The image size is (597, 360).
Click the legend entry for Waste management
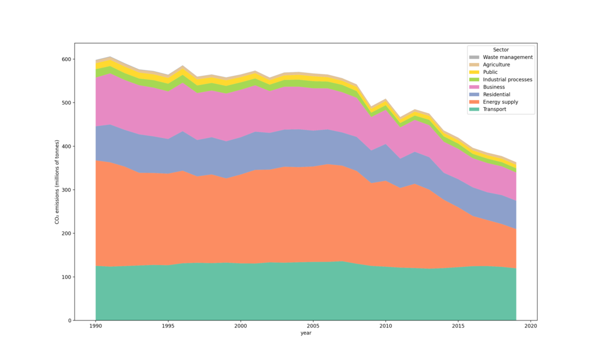(x=508, y=57)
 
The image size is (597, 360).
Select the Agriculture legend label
(x=496, y=65)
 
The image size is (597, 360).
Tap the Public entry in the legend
(x=490, y=72)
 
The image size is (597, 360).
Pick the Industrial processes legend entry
(x=508, y=80)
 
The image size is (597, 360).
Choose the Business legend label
(x=494, y=87)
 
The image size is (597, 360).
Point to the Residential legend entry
(x=497, y=94)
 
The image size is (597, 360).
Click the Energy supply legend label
(x=500, y=102)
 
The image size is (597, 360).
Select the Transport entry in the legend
(x=494, y=109)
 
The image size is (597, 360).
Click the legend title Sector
(x=501, y=50)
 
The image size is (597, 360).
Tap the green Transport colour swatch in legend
(x=474, y=109)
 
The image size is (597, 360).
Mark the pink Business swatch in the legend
(x=474, y=87)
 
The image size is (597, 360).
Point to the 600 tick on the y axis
(x=67, y=59)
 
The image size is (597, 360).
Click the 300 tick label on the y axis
(x=67, y=190)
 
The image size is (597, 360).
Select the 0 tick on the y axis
(x=70, y=320)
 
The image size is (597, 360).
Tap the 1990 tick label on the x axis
(x=96, y=326)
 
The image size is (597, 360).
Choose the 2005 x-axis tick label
(x=313, y=326)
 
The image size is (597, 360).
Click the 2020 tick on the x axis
(x=531, y=326)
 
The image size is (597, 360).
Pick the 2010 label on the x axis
(x=386, y=326)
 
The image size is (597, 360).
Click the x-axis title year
(x=305, y=333)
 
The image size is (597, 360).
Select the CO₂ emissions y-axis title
(x=57, y=182)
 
